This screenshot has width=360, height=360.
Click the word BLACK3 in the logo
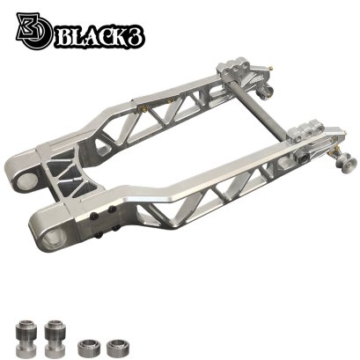[99, 38]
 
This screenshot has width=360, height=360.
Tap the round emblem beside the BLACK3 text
[34, 31]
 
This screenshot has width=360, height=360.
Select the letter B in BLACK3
[63, 38]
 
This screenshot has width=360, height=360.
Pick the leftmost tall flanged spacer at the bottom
[26, 337]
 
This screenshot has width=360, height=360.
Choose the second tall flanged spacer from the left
[54, 338]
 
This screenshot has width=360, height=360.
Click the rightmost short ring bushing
[118, 348]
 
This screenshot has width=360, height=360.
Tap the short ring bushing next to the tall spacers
[89, 348]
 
